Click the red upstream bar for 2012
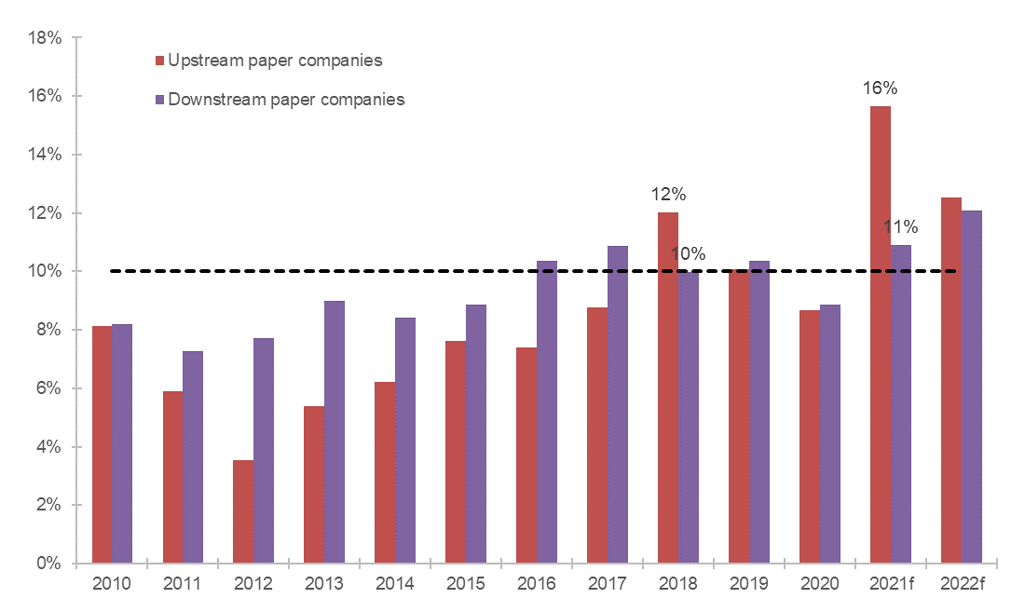[x=243, y=511]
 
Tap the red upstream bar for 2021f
[x=880, y=335]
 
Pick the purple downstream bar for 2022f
[x=971, y=387]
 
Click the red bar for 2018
[x=667, y=388]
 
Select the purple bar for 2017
[x=617, y=404]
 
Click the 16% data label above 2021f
[x=880, y=88]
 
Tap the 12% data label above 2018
[x=668, y=195]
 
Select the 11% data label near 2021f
[x=900, y=226]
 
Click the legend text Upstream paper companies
[x=275, y=61]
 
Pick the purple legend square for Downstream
[x=159, y=99]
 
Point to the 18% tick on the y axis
[x=45, y=38]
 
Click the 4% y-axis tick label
[x=48, y=447]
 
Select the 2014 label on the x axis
[x=394, y=584]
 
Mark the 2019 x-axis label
[x=748, y=584]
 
